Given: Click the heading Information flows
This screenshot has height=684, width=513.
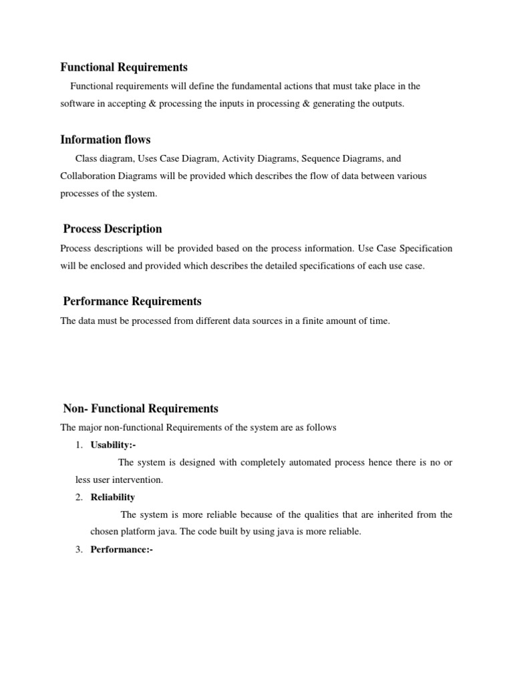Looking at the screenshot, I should click(x=106, y=140).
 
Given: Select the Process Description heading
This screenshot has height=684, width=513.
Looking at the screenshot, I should click(x=112, y=228).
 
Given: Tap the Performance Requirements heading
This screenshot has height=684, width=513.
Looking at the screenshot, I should click(x=132, y=301).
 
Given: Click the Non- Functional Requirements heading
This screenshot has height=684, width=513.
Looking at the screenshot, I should click(x=140, y=408).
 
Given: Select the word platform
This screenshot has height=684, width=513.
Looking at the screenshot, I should click(x=141, y=532).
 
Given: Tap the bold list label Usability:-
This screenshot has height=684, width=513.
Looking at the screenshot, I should click(x=113, y=445).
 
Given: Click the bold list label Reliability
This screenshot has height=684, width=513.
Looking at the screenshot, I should click(x=113, y=497).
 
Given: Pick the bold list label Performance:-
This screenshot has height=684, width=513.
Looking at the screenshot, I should click(x=122, y=550).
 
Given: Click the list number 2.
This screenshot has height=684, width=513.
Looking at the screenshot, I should click(x=79, y=497).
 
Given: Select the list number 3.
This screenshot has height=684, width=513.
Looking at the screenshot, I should click(x=79, y=550).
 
